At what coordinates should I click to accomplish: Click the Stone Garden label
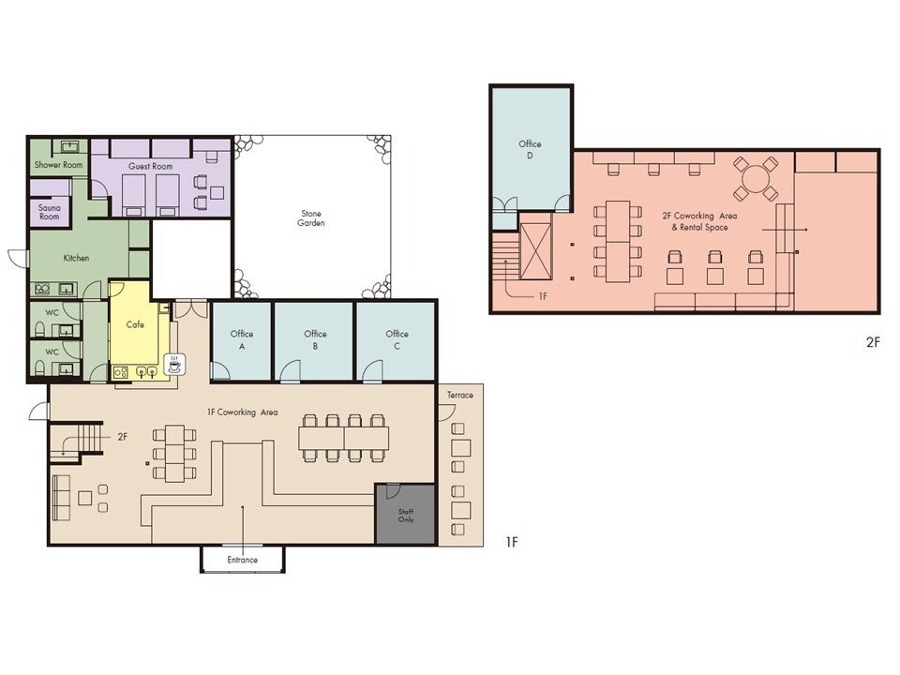click(311, 218)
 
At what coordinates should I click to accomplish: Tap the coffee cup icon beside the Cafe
click(174, 365)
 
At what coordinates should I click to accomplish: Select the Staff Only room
click(405, 515)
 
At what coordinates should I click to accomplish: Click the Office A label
click(242, 339)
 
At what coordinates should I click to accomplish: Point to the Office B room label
click(315, 339)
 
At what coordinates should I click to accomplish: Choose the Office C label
click(397, 339)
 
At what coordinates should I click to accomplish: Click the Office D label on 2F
click(530, 149)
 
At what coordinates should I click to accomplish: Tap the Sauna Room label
click(50, 212)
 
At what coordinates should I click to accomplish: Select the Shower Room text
click(58, 165)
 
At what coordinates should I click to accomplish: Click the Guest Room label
click(150, 166)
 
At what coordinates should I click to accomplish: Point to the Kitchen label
click(76, 259)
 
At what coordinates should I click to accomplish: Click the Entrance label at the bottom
click(242, 560)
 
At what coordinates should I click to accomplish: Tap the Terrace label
click(460, 395)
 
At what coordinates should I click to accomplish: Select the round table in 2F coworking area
click(756, 178)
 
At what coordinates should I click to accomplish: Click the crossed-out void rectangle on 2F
click(535, 251)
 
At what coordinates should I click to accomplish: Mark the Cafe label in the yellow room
click(135, 325)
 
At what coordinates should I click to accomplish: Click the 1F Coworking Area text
click(242, 412)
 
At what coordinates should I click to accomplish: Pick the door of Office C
click(372, 371)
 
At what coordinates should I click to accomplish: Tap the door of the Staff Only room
click(393, 491)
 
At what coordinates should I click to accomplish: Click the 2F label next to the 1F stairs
click(122, 437)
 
